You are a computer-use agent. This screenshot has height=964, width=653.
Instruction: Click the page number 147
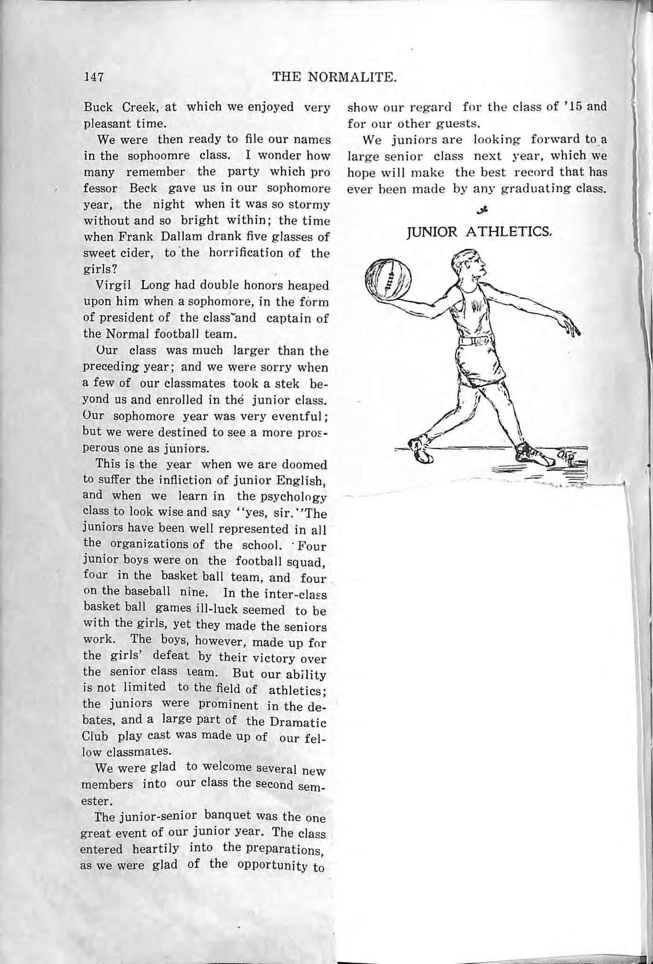93,76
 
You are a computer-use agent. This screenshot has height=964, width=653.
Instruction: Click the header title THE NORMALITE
334,76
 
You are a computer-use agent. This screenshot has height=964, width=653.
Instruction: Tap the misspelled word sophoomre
161,155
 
